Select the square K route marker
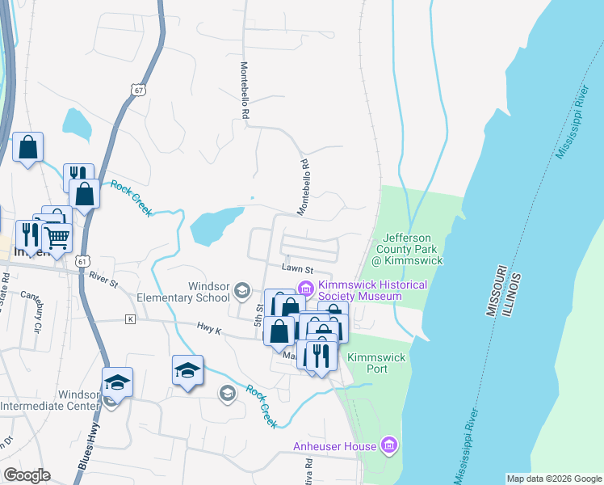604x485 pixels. (x=129, y=319)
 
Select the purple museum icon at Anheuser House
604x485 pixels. (x=389, y=445)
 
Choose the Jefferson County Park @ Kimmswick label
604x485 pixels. (x=408, y=249)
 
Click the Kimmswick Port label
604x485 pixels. (x=367, y=362)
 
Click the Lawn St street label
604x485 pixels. (x=296, y=268)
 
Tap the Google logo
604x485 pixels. (x=27, y=474)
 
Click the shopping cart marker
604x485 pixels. (x=57, y=237)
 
